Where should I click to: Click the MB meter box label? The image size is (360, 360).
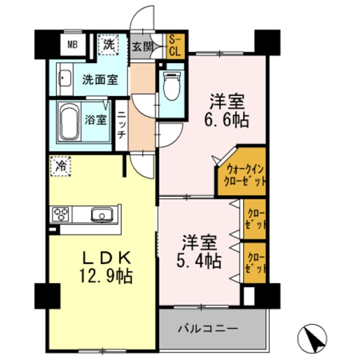[73, 44]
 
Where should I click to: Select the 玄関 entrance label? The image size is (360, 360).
[143, 47]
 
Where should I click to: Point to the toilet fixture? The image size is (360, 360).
[171, 84]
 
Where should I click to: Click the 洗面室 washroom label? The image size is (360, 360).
[100, 79]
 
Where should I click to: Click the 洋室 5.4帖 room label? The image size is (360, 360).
[200, 253]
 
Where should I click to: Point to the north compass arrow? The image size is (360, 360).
[310, 339]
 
